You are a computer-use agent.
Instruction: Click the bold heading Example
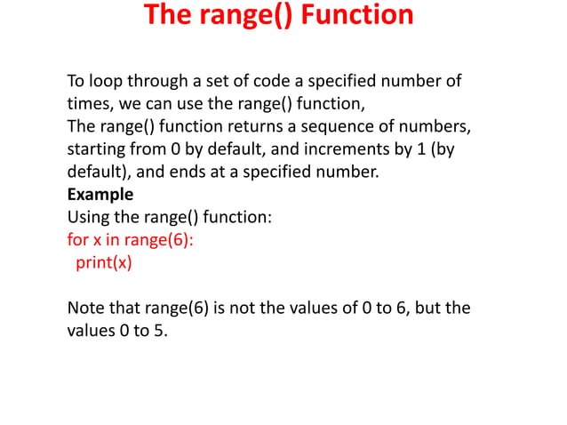click(100, 194)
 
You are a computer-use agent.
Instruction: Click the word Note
click(86, 308)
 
